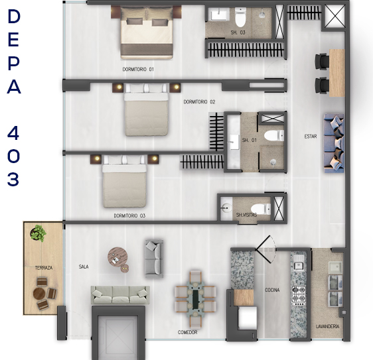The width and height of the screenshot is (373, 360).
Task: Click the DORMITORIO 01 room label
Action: [x=138, y=69]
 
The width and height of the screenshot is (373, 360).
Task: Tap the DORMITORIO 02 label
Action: [x=199, y=101]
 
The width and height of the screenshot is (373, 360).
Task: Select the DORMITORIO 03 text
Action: [x=129, y=215]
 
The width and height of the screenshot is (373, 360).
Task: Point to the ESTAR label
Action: [x=311, y=137]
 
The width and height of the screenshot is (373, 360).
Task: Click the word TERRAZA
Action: [x=44, y=268]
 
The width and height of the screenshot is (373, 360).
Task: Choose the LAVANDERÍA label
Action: [x=327, y=326]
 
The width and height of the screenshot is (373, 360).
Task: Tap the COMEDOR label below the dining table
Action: [x=187, y=332]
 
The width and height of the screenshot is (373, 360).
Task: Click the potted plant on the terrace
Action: [x=38, y=233]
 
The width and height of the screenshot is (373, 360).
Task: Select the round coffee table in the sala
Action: [x=117, y=257]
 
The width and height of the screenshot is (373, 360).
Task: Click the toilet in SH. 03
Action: [x=240, y=17]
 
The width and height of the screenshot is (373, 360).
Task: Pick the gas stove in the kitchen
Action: [x=298, y=296]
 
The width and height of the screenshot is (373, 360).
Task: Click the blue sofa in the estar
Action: [x=334, y=143]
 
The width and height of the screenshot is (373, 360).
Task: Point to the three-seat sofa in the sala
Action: [x=120, y=295]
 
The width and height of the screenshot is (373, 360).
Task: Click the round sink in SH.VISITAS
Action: [x=226, y=208]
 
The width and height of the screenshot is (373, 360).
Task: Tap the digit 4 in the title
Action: [x=13, y=133]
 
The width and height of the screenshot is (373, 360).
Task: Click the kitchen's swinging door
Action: [x=266, y=249]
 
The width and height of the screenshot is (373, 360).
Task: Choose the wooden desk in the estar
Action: [x=337, y=73]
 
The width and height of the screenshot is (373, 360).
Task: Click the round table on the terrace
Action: [x=39, y=294]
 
